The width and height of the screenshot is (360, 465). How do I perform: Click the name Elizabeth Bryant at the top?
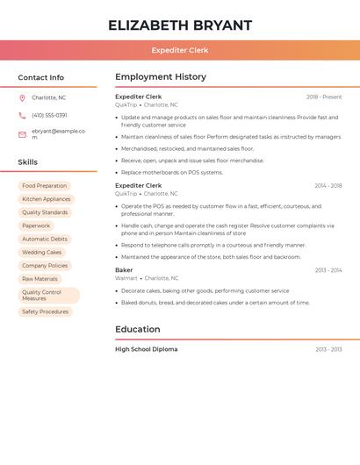tap(180, 25)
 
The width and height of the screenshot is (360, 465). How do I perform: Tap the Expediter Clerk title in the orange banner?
tap(180, 51)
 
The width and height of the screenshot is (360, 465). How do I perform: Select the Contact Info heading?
tap(41, 77)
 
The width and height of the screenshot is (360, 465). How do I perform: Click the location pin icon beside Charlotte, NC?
tap(22, 98)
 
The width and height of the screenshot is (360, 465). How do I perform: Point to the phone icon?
tap(22, 116)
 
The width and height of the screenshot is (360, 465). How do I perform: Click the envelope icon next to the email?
tap(22, 134)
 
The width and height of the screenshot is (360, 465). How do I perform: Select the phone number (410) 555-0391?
tap(49, 116)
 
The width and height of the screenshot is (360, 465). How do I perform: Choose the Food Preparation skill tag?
tap(44, 186)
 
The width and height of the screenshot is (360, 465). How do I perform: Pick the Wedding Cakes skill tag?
tap(42, 252)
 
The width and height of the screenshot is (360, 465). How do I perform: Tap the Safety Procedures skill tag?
tap(45, 311)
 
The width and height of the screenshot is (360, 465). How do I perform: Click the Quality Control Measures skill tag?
tap(48, 295)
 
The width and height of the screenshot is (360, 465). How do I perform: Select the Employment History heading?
tap(161, 77)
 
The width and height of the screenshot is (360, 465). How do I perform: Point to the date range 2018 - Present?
tap(324, 97)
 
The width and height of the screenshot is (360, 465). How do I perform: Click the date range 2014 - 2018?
tap(328, 186)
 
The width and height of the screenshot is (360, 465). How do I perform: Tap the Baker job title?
tap(124, 270)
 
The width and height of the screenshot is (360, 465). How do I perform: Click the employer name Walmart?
tap(126, 278)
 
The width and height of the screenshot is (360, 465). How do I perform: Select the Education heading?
tap(138, 330)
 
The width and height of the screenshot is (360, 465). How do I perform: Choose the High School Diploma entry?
tap(147, 349)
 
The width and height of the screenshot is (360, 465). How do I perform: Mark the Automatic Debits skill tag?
tap(45, 239)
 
